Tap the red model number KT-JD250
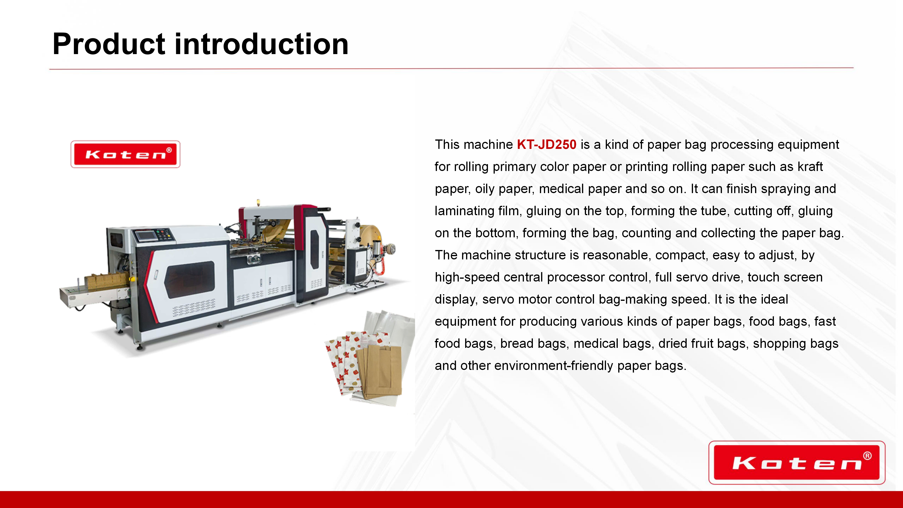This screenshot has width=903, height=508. (547, 144)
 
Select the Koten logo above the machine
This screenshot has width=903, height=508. (126, 154)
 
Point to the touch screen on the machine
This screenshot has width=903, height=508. (145, 236)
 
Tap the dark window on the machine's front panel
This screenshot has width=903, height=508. (190, 279)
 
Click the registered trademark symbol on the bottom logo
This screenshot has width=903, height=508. (867, 456)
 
